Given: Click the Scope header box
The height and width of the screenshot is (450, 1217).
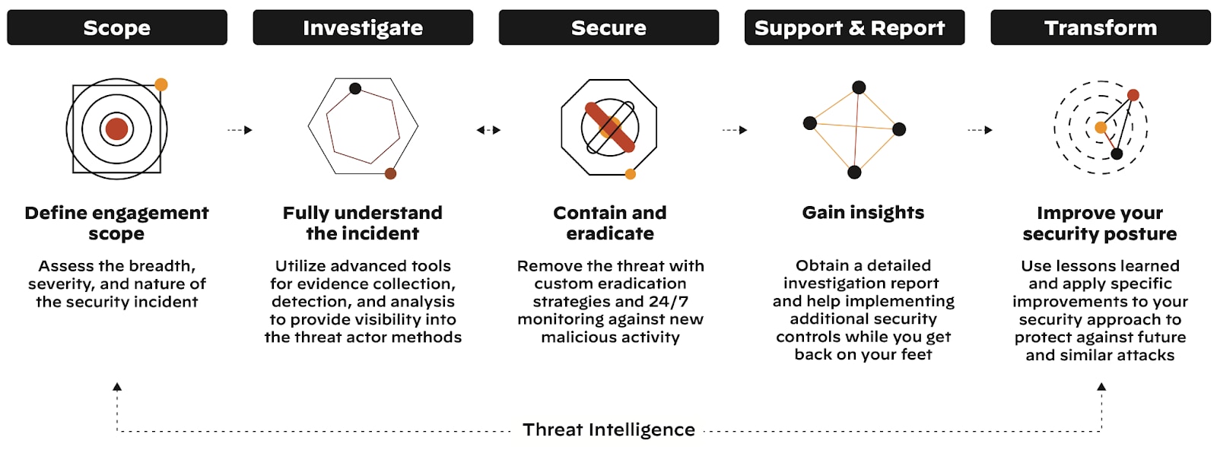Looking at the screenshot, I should pos(117,27).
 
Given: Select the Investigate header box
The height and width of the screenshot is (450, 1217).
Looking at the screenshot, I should pos(363,27).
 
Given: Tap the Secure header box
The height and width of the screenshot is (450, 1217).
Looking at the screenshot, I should pos(608,27).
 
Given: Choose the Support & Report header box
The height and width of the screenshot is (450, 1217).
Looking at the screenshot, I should pos(854,27).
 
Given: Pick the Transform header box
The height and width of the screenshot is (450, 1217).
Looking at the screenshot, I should pos(1100,27).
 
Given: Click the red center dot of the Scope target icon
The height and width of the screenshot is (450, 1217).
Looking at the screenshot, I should pos(116,129).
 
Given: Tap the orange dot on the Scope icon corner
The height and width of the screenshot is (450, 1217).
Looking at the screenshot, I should pos(161,84).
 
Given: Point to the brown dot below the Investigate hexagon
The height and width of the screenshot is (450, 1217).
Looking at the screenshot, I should pos(390,173).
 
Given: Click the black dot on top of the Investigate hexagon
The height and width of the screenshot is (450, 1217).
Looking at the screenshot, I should pos(355,89).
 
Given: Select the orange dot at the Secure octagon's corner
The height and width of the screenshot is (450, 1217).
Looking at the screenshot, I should pos(630,174).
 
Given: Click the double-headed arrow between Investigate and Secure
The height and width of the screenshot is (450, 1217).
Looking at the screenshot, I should pos(488,130).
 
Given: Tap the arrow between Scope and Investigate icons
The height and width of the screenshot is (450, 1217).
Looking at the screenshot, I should pos(240,130).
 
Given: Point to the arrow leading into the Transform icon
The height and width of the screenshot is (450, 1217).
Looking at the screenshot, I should pos(980,130).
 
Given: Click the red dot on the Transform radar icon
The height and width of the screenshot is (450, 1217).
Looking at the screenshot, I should pos(1133,95).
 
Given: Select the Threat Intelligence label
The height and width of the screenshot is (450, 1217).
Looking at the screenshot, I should pos(608,429).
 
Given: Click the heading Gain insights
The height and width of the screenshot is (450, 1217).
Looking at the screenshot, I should pos(863,213).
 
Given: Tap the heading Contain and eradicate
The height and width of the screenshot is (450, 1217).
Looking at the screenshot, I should pos(610,223).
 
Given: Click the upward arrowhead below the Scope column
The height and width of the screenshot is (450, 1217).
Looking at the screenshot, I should pos(117,387).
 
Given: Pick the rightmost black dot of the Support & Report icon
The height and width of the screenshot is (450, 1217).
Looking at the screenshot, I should pos(899,129).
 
